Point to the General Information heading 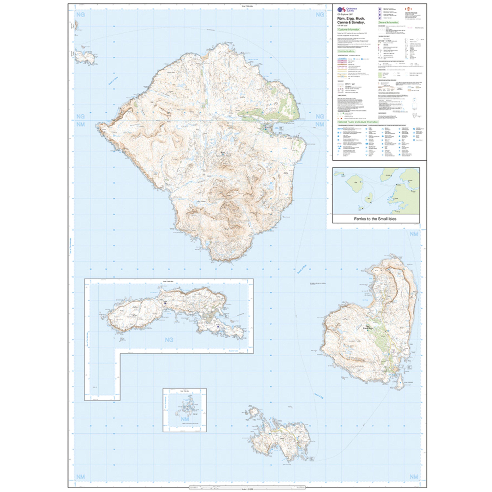388,22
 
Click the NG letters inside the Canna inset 169,339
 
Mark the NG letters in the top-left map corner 81,15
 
